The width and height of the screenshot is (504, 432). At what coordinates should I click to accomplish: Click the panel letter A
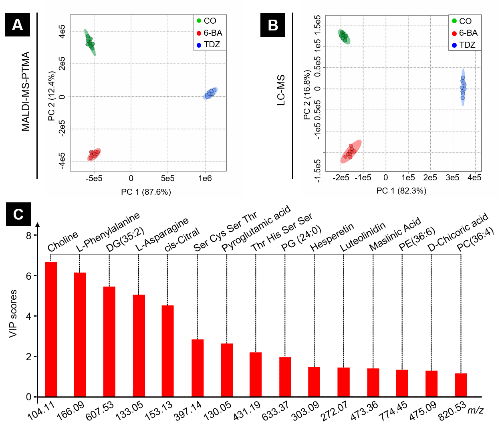pos(17,25)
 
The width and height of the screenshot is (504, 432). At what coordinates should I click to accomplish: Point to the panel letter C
pos(18,215)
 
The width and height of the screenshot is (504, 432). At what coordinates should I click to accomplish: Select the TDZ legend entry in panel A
pos(209,44)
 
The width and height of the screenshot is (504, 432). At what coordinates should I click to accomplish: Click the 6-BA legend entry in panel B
pos(465,33)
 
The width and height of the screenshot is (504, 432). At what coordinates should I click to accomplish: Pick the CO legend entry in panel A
pos(207,21)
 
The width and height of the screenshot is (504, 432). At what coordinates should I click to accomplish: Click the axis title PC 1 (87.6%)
pos(146,192)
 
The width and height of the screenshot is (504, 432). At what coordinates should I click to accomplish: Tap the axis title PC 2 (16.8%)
pos(307,95)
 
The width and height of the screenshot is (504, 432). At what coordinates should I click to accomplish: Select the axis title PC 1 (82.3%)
pos(401,191)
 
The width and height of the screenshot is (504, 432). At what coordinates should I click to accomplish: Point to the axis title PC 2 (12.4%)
pos(52,96)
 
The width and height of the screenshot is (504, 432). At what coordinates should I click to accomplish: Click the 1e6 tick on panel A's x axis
pos(205,178)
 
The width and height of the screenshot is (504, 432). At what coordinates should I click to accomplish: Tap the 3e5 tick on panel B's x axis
pos(452,178)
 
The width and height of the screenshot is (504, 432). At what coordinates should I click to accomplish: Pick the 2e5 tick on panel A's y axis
pos(62,64)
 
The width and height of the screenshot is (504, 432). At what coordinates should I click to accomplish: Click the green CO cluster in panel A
pos(90,42)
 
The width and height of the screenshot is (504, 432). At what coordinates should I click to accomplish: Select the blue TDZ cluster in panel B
pos(463,87)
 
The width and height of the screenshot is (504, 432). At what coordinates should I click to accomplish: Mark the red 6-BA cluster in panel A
pos(94,154)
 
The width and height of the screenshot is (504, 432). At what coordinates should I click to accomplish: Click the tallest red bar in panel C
pos(51,329)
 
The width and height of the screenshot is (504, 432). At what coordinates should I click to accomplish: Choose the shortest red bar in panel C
pos(461,385)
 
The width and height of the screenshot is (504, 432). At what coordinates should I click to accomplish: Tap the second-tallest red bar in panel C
pos(80,334)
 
